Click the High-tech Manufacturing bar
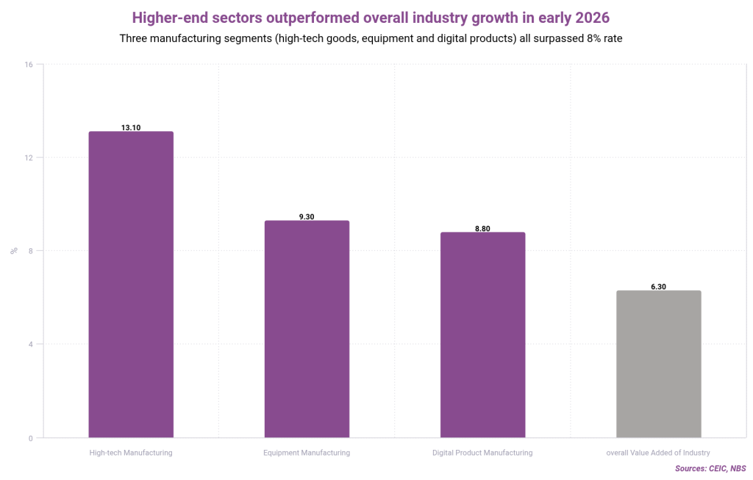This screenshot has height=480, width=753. point(131,284)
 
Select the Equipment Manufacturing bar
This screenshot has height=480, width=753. point(307,328)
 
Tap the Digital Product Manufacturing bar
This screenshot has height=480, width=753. point(482,334)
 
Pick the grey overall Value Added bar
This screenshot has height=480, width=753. point(658,364)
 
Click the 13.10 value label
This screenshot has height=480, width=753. point(131,127)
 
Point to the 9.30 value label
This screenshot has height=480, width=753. point(307,216)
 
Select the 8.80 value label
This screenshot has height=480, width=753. point(482,228)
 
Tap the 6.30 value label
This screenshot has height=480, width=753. point(658,286)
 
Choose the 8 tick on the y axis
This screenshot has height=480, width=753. point(31,251)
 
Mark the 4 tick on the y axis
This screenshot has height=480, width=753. point(31,345)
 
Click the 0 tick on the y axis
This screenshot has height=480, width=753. point(31,438)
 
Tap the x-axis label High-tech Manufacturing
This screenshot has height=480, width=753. point(131,453)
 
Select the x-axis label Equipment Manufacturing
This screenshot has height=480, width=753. point(307,453)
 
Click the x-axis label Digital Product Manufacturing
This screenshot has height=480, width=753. point(482,453)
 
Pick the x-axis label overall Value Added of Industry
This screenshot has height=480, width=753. point(658,453)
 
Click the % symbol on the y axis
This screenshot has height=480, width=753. point(14,251)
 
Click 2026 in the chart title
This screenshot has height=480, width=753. point(590,17)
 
